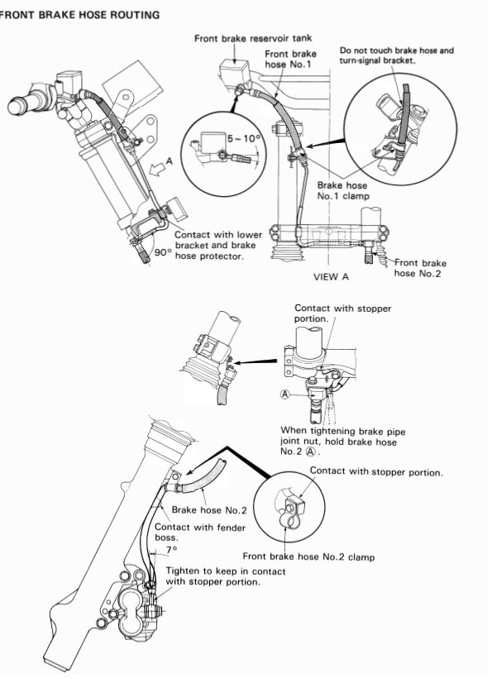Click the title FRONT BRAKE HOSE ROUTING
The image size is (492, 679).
coord(79,15)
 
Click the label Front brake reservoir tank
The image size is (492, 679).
coord(253,39)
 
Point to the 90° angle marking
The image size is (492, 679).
coord(163,252)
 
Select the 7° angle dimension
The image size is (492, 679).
coord(171,549)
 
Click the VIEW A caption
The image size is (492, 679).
coord(332,277)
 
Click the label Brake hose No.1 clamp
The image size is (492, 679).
coord(343,190)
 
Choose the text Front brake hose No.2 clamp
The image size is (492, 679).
coord(308,557)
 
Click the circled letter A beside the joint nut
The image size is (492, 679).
coord(284,394)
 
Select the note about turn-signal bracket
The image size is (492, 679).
coord(396,55)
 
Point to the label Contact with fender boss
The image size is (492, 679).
coord(199,533)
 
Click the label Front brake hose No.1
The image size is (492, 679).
coord(290,60)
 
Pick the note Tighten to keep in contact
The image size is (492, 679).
coord(226,576)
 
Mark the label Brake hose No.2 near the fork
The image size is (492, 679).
coord(209,510)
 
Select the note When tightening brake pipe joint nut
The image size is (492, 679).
coord(343,442)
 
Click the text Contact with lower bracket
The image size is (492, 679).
coord(218,245)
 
